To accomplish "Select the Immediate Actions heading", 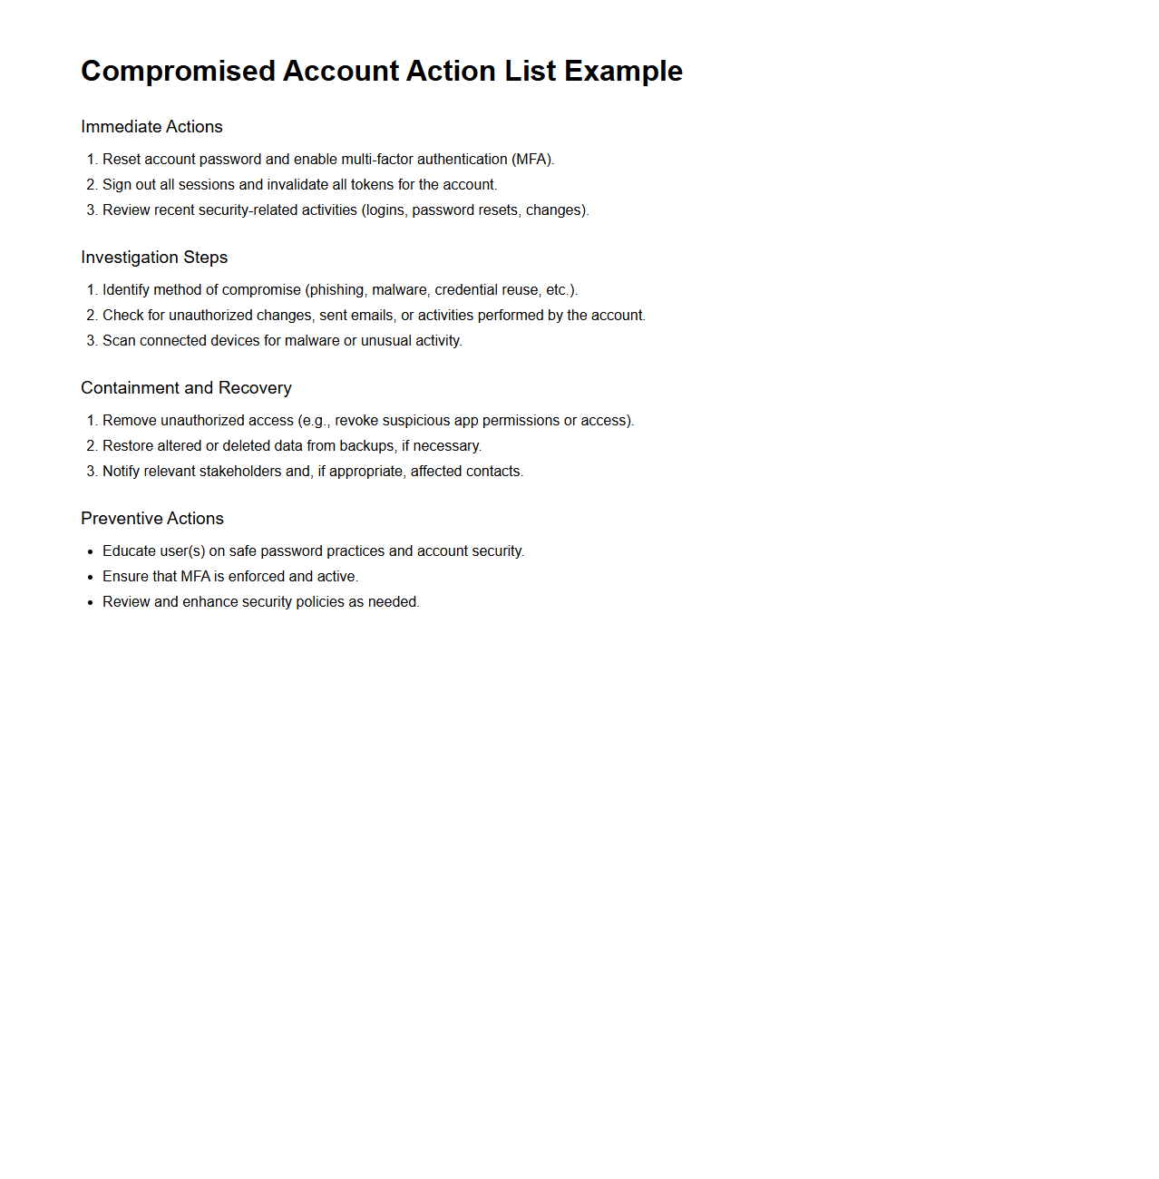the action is (151, 127).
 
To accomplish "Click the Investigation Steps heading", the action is (154, 258).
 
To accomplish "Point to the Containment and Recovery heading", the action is (186, 388).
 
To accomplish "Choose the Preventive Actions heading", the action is (151, 519).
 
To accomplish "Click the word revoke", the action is (356, 421).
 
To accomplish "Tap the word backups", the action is (367, 446).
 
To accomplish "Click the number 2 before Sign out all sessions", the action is (91, 185).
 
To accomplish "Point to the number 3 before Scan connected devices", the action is (91, 341).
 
